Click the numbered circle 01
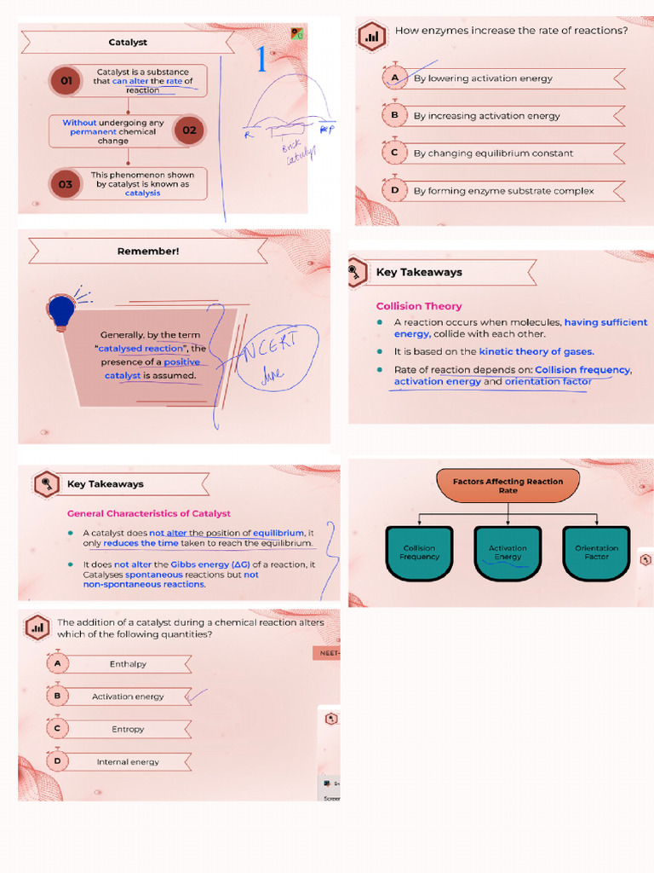point(65,82)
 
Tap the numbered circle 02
point(189,130)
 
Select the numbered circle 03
point(66,183)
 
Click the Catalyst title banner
point(129,42)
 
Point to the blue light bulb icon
point(61,310)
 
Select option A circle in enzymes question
point(394,78)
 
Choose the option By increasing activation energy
point(487,116)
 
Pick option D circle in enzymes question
point(394,191)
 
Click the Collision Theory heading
point(419,306)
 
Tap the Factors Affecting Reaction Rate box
point(508,486)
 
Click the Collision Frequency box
point(419,552)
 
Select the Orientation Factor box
point(596,552)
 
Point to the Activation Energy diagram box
point(508,552)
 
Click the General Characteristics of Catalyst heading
point(148,514)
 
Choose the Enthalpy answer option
point(128,664)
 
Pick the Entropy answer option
point(128,729)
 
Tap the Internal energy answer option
point(128,762)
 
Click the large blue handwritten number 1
point(261,61)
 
